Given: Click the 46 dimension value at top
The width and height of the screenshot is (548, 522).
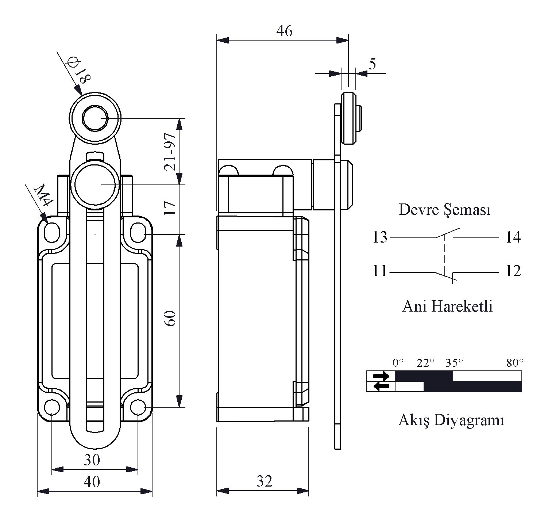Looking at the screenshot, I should coord(284,31).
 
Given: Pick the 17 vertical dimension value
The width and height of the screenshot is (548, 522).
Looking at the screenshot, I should coord(171,208).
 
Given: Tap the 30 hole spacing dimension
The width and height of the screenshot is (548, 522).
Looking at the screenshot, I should coord(92,460).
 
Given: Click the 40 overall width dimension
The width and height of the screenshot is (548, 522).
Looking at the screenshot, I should coord(92,482).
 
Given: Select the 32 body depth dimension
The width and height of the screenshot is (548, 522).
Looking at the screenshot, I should coord(264,481).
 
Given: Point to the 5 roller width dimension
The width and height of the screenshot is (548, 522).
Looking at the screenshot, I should coord(372,64).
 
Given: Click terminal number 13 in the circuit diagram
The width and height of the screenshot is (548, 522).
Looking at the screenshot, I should coord(380,238).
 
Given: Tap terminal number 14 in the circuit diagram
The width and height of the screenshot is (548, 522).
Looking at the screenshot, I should coord(513,238).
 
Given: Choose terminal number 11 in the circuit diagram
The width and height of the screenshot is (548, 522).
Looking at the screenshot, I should coord(380,271).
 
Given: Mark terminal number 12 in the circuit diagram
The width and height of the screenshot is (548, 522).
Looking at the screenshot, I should coord(513,271).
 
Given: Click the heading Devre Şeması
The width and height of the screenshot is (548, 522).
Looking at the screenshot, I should coord(444,210).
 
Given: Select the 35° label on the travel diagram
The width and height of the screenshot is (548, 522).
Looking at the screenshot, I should coord(454,363).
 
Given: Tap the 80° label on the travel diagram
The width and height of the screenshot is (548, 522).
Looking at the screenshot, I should coord(514,363).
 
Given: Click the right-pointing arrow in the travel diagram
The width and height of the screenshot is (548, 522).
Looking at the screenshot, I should coord(381,376).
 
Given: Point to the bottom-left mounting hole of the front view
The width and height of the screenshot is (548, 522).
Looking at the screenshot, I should coord(52,407).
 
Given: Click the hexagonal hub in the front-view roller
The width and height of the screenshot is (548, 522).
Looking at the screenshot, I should coord(94,118).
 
